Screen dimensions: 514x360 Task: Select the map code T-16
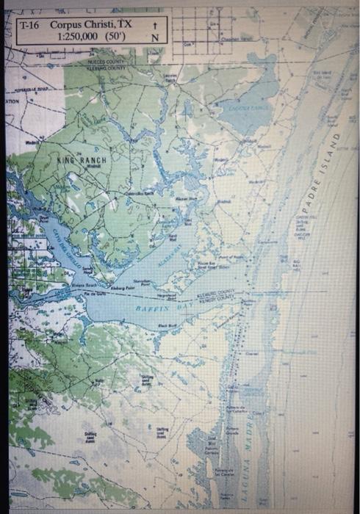point(31,24)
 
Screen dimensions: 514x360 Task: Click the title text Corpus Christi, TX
point(90,24)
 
